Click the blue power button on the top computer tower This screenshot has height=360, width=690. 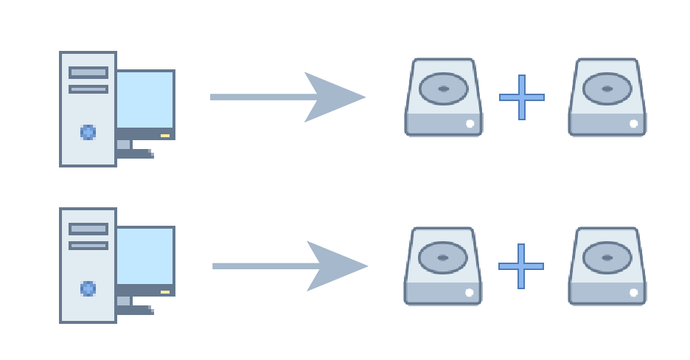[88, 133]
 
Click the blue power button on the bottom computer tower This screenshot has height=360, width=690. [88, 288]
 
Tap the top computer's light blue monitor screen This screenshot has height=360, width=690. [145, 100]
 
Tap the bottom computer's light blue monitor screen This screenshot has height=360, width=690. [145, 256]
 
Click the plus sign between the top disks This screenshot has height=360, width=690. [522, 97]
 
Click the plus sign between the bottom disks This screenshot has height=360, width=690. [521, 266]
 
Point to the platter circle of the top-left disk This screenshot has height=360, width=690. [444, 89]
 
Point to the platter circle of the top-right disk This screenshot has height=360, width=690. [607, 89]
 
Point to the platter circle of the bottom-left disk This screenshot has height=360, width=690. [443, 258]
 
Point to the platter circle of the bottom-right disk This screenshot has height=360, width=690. [607, 258]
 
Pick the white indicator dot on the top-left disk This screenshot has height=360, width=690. [470, 124]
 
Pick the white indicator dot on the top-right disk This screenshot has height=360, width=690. [634, 124]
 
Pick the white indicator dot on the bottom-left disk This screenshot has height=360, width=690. [470, 293]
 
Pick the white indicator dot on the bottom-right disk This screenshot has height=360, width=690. [634, 293]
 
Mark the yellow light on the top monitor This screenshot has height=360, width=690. [165, 136]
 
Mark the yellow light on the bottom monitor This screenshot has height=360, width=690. [165, 292]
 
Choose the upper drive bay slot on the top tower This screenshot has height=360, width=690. [88, 72]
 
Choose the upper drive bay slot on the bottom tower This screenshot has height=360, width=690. [88, 229]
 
